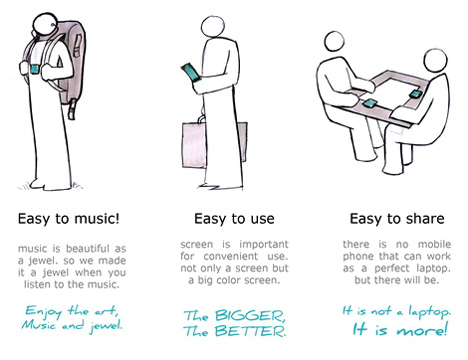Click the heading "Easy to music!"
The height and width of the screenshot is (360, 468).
(68, 219)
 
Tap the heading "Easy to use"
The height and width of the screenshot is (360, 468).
(234, 219)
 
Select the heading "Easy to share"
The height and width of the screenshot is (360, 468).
(397, 219)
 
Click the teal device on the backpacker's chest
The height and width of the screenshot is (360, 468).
(35, 70)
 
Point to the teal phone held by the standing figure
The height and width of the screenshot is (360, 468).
(191, 72)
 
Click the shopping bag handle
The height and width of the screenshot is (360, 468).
(202, 119)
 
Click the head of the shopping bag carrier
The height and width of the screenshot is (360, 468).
(213, 27)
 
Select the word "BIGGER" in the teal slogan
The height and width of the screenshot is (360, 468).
(250, 315)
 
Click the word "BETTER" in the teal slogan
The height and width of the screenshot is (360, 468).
(250, 331)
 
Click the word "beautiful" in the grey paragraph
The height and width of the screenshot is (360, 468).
(88, 249)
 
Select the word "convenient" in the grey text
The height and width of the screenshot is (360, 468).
(231, 256)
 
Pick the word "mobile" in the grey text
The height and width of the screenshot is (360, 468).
(434, 244)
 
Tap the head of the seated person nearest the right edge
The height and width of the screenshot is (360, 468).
(435, 61)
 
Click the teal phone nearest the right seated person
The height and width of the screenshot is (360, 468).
(416, 94)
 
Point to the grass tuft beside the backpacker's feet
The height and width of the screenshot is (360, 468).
(23, 187)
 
